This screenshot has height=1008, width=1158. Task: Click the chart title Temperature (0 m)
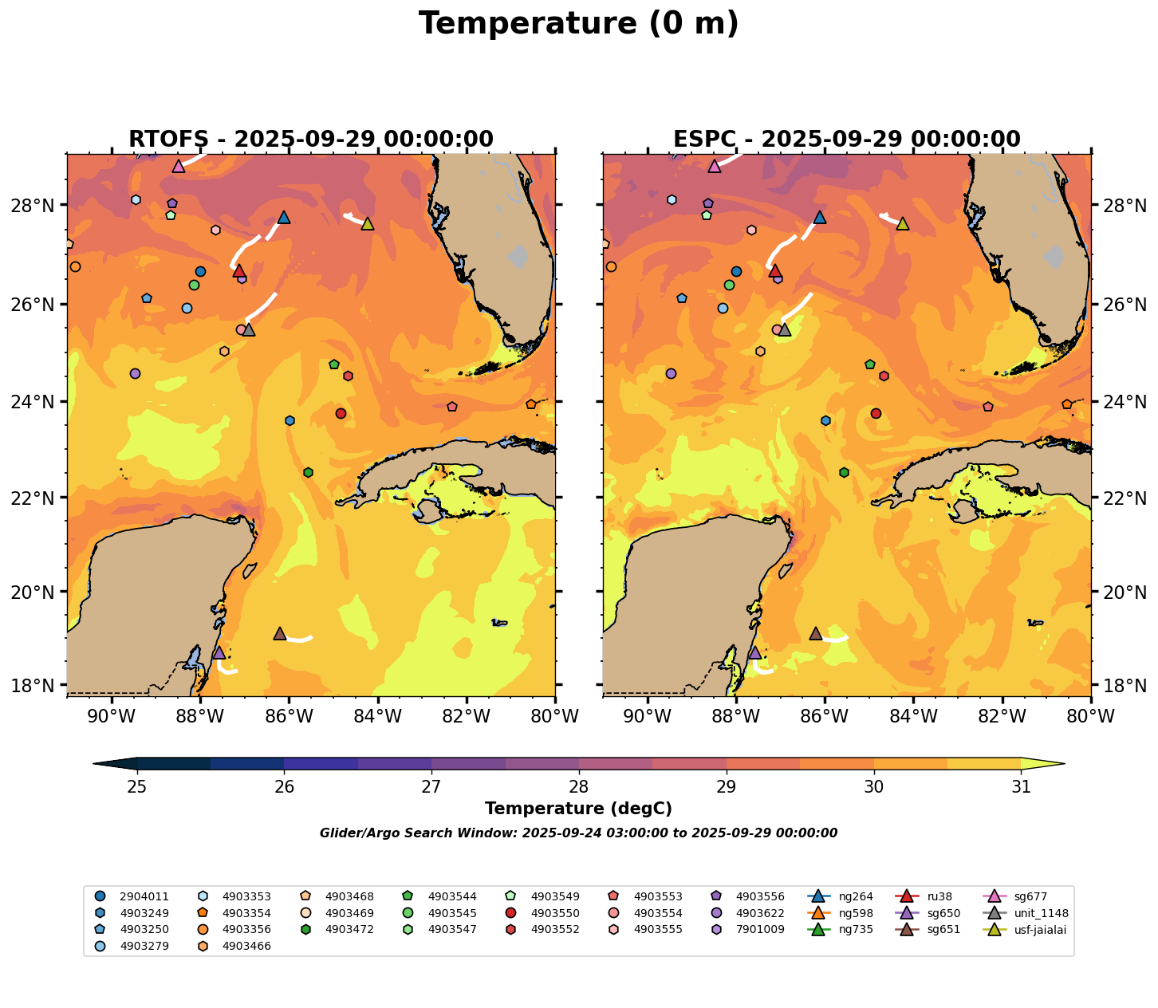(x=578, y=24)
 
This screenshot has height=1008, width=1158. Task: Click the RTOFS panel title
(x=311, y=140)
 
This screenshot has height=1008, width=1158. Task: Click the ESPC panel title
(x=847, y=140)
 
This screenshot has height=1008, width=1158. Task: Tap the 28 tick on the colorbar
(x=579, y=787)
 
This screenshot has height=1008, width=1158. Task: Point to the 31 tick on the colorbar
(x=1021, y=787)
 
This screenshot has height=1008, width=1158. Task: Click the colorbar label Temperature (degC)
(x=578, y=809)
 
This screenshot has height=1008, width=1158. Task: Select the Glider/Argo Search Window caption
(x=578, y=833)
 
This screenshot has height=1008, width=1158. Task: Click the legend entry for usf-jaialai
(x=1042, y=930)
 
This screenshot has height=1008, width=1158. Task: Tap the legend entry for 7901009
(x=760, y=930)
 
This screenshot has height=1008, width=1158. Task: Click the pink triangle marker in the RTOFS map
(x=179, y=167)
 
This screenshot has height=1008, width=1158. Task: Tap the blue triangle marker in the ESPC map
(x=820, y=218)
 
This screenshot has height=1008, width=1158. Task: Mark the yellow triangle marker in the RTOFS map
(x=368, y=224)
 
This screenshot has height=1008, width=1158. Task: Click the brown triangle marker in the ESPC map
(x=815, y=634)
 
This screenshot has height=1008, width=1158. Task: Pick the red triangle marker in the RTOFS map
(x=239, y=271)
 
